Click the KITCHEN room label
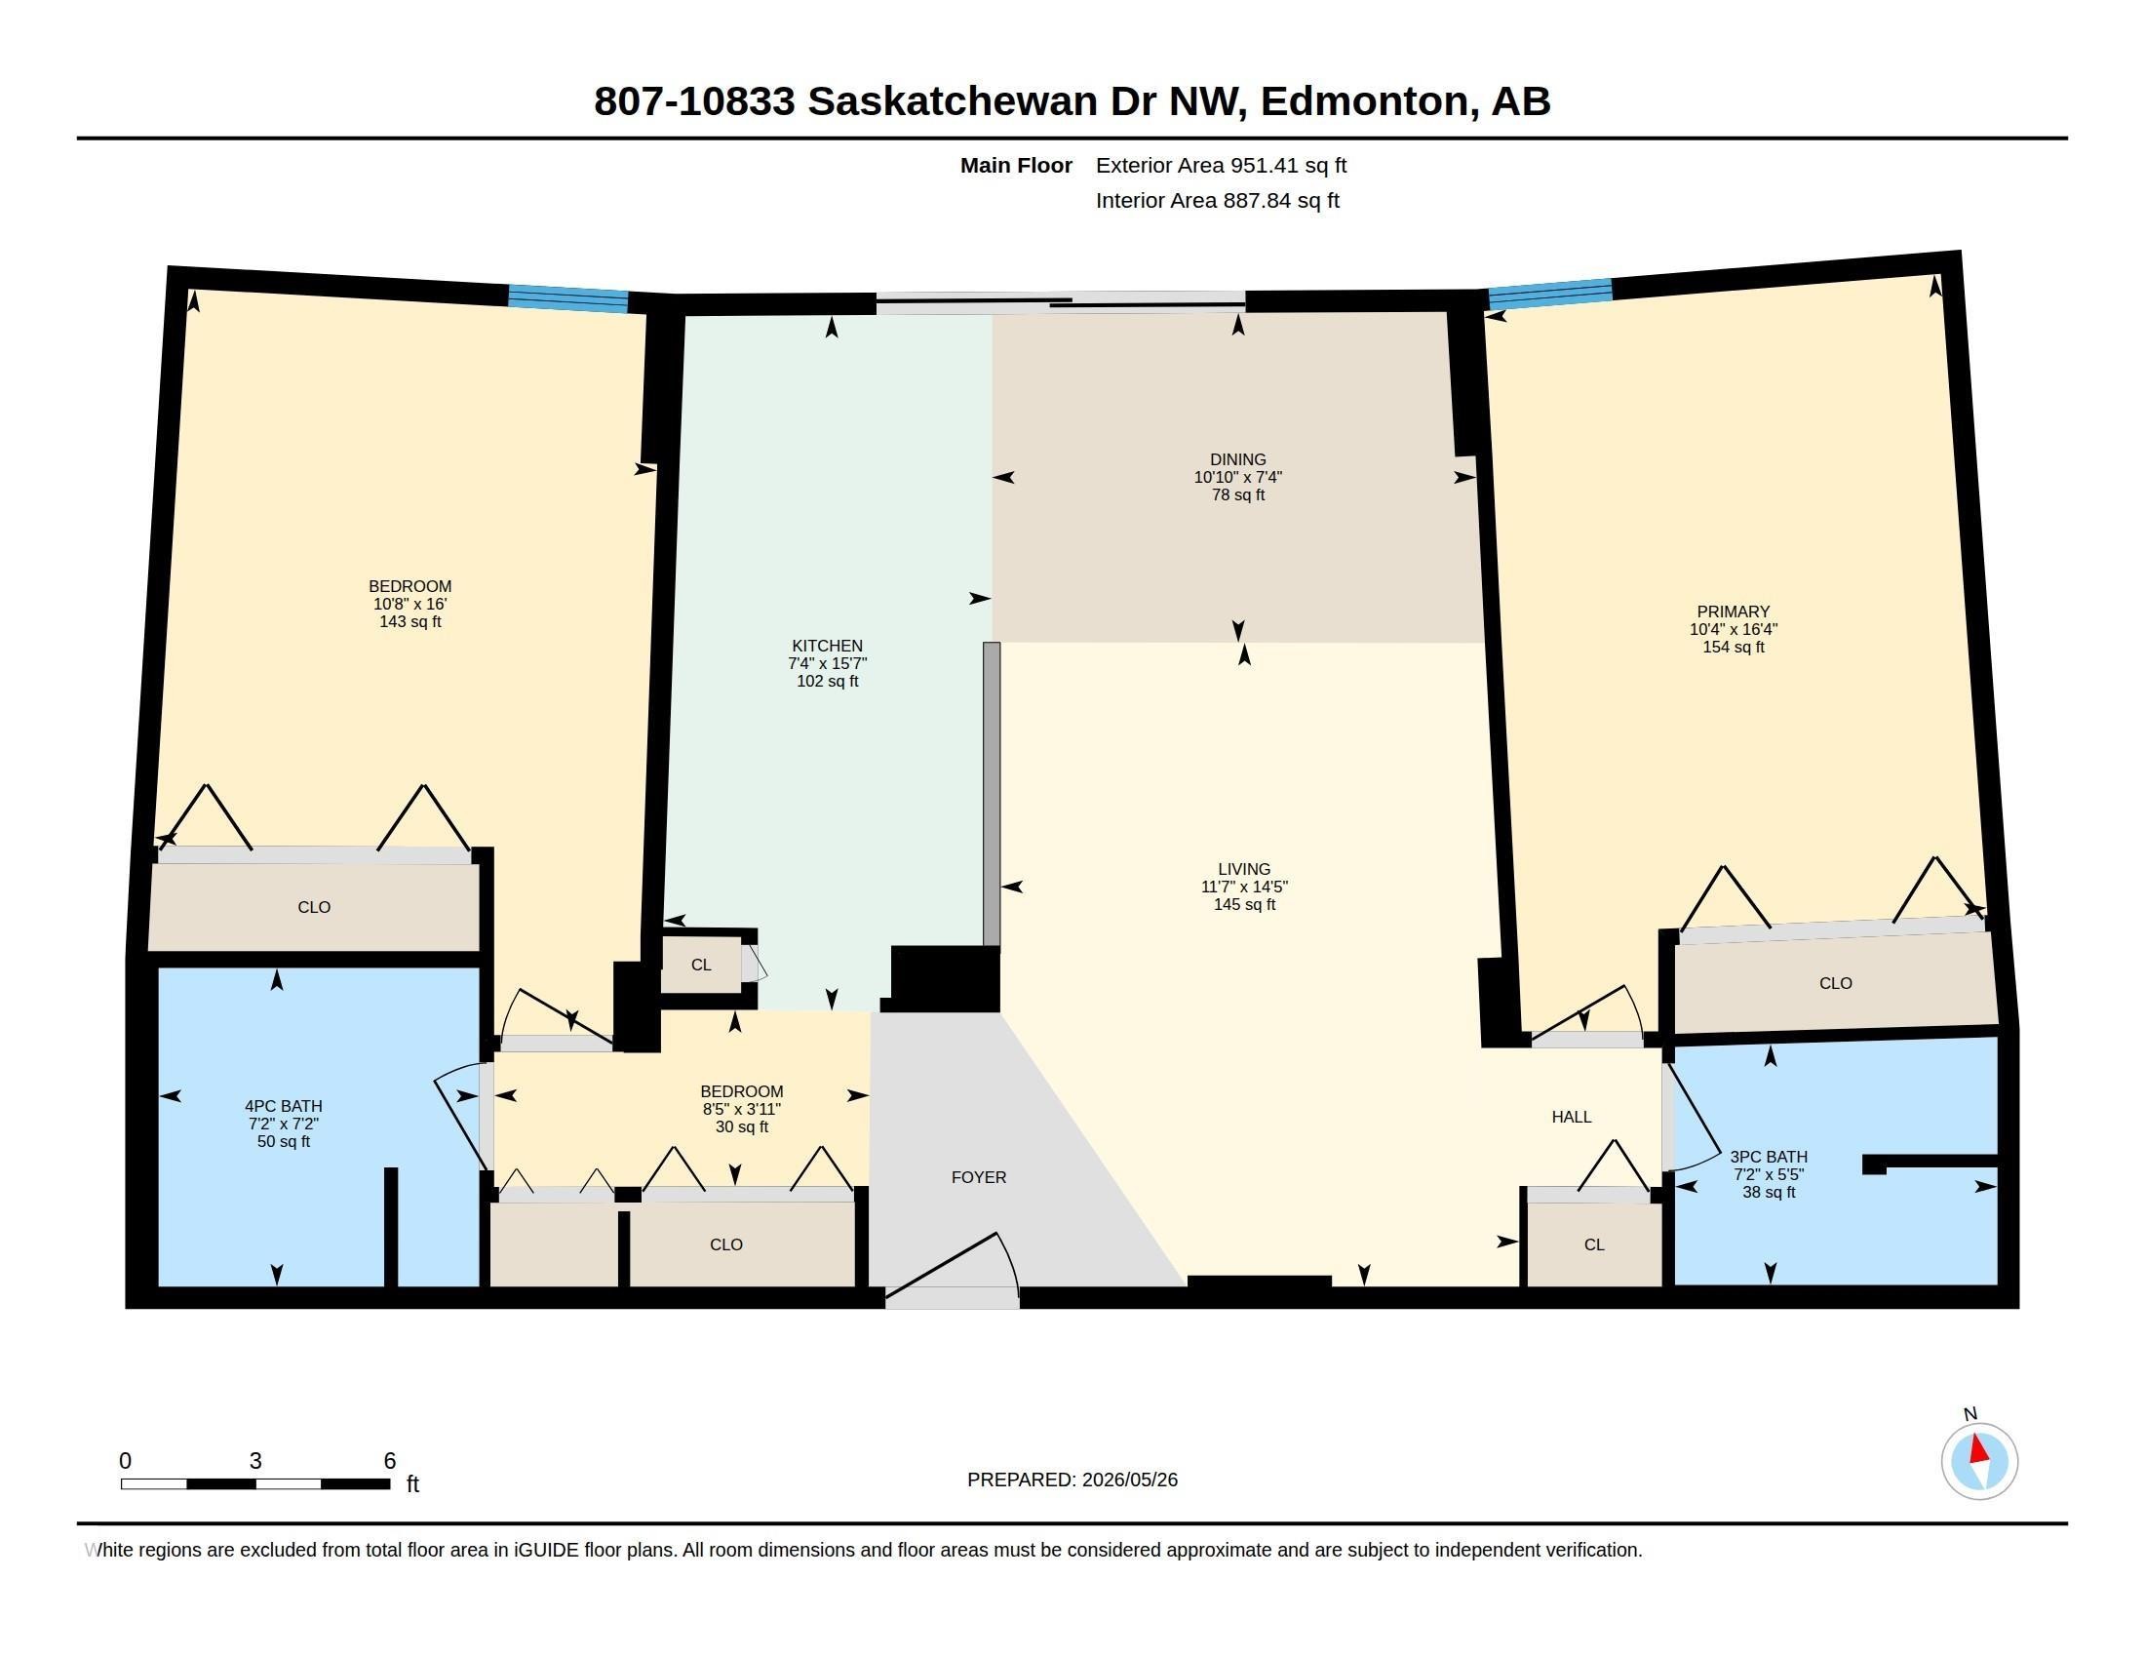point(827,646)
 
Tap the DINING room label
point(1237,458)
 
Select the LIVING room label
point(1244,868)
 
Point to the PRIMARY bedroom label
point(1734,611)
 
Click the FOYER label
point(978,1177)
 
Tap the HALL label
point(1572,1116)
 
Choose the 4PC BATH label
point(284,1105)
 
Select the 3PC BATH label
point(1769,1156)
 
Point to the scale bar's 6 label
point(390,1461)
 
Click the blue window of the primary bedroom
point(1550,294)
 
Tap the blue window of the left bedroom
point(567,298)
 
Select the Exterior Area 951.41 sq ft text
point(1221,165)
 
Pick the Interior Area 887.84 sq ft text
point(1217,200)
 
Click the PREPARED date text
point(1072,1480)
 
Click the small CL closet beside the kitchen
point(700,965)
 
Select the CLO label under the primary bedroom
point(1835,982)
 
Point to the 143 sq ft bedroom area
point(409,622)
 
